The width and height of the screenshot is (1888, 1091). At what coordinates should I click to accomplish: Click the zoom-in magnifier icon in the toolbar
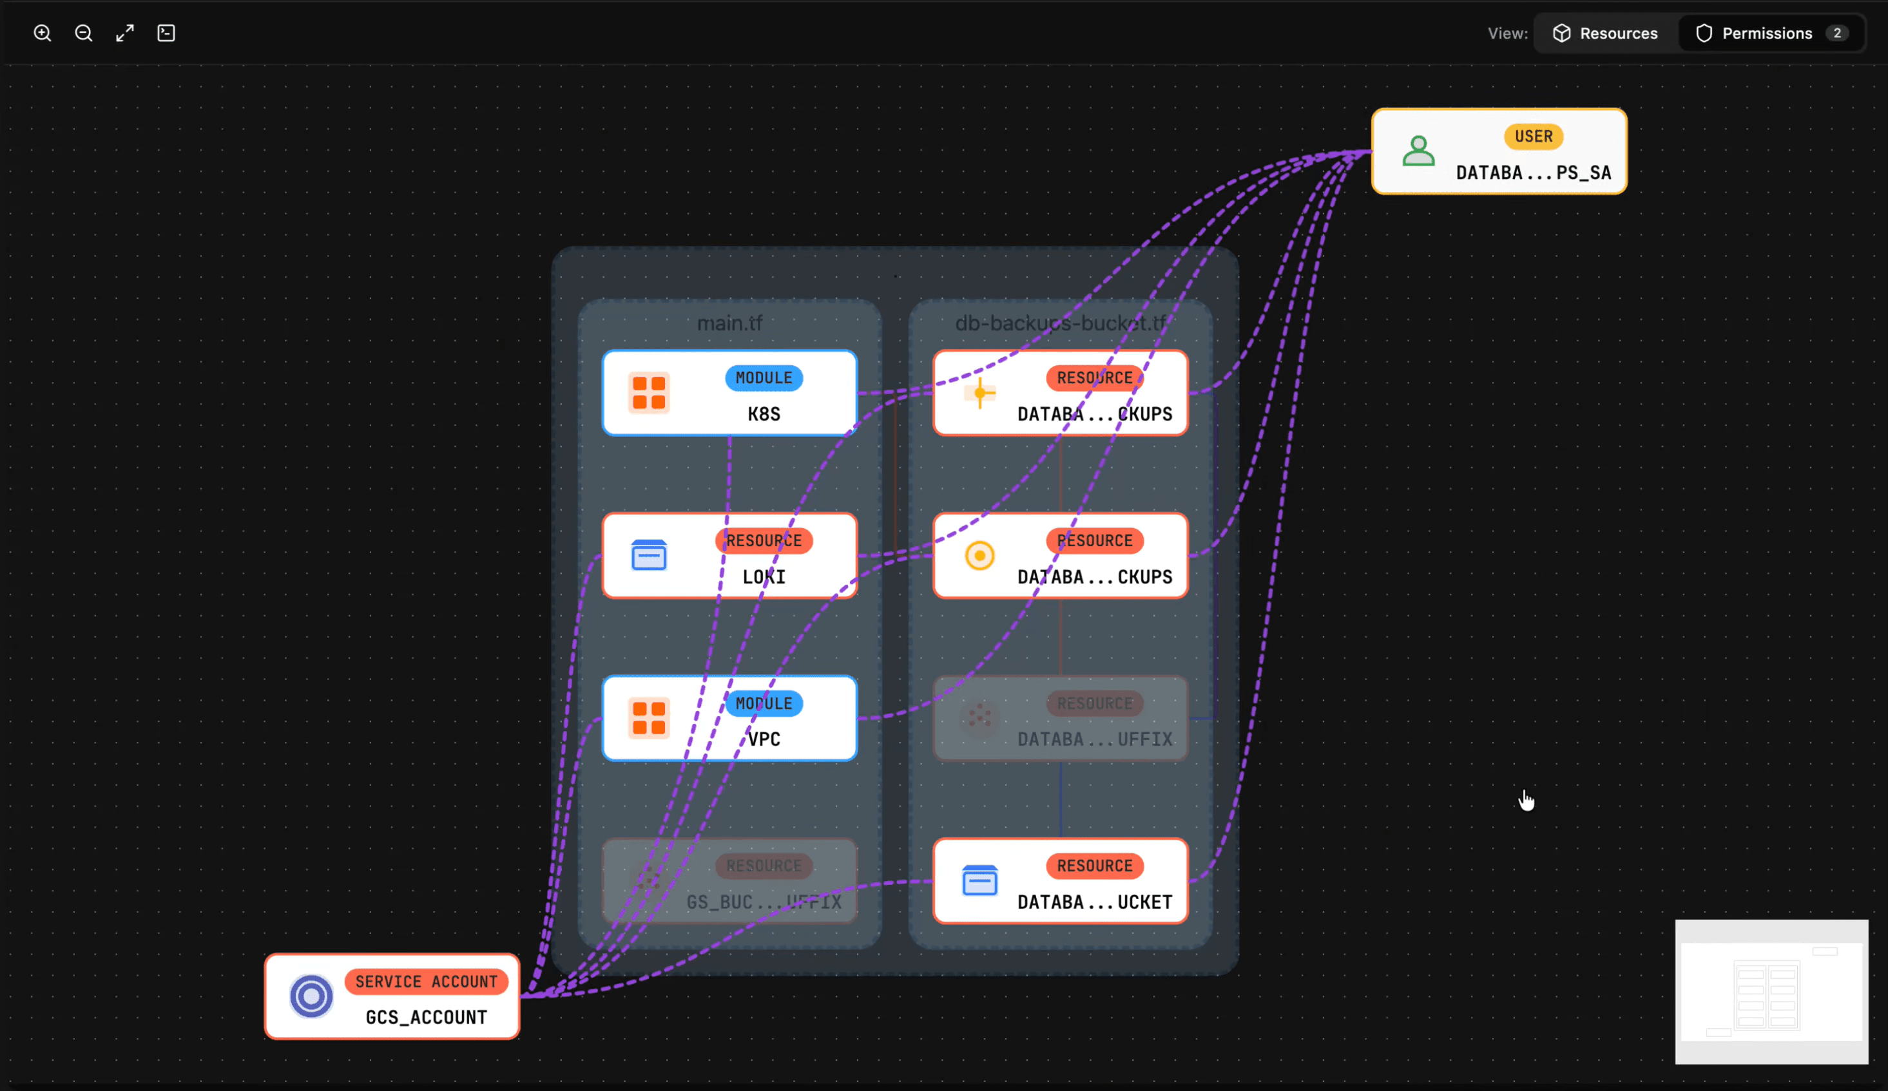(42, 33)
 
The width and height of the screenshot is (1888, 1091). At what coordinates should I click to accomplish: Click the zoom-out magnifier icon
(83, 33)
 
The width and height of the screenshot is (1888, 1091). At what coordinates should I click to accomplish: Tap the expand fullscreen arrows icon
(124, 33)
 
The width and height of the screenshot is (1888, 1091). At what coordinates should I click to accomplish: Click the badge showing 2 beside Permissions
(1836, 33)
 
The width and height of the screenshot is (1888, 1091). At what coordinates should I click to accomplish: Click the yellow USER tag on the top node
(1533, 137)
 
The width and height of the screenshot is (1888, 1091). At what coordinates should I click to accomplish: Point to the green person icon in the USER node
(1418, 151)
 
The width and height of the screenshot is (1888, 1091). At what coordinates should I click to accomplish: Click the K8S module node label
(764, 414)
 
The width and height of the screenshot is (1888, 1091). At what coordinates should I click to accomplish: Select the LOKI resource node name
(764, 576)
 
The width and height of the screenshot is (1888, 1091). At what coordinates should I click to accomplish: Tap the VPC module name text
(764, 739)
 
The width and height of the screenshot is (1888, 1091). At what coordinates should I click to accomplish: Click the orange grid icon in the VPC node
(649, 718)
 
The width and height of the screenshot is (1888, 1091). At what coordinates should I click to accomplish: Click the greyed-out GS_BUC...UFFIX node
(729, 881)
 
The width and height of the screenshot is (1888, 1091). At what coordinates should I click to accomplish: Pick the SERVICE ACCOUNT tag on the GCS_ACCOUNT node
(425, 981)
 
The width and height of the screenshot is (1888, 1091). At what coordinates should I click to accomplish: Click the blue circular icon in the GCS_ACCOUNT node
(311, 996)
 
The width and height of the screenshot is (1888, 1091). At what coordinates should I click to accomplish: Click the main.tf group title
(729, 323)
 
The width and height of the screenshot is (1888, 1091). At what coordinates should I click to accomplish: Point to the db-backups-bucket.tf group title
(1059, 323)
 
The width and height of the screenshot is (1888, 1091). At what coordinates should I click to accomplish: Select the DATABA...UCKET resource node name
(1094, 902)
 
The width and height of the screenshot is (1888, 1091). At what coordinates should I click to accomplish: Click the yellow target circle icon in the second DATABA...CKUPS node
(979, 556)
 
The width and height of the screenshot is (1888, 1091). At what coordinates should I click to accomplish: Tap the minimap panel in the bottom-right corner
(1771, 991)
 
